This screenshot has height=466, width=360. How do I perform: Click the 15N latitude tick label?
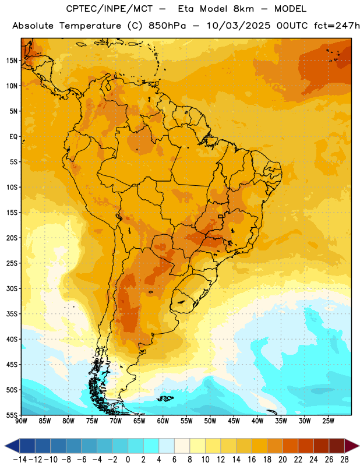(x=12, y=61)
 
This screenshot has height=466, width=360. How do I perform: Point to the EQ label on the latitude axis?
(x=13, y=137)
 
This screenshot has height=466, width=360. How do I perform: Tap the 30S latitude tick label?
(x=12, y=288)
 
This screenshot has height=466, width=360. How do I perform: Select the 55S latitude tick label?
(x=12, y=415)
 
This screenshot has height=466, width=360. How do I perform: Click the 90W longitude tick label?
(x=22, y=421)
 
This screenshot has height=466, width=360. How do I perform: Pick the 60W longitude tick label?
(x=163, y=421)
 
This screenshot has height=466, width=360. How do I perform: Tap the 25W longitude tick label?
(x=328, y=421)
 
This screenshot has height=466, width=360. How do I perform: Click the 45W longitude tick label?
(x=234, y=421)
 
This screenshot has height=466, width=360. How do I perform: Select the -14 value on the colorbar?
(x=20, y=460)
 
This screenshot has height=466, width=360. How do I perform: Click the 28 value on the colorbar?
(x=344, y=460)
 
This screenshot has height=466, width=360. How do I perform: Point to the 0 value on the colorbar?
(x=128, y=460)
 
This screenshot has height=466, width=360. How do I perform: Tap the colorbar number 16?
(x=252, y=460)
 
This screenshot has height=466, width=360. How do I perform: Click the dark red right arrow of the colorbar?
(x=351, y=446)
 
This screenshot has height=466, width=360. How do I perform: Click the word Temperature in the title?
(x=90, y=26)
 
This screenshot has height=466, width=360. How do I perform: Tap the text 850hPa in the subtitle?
(x=167, y=26)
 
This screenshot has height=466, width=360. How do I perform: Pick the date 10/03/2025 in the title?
(x=239, y=26)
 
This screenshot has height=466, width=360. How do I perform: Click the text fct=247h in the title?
(x=337, y=26)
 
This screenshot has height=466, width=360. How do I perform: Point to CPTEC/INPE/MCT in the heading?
(x=110, y=9)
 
